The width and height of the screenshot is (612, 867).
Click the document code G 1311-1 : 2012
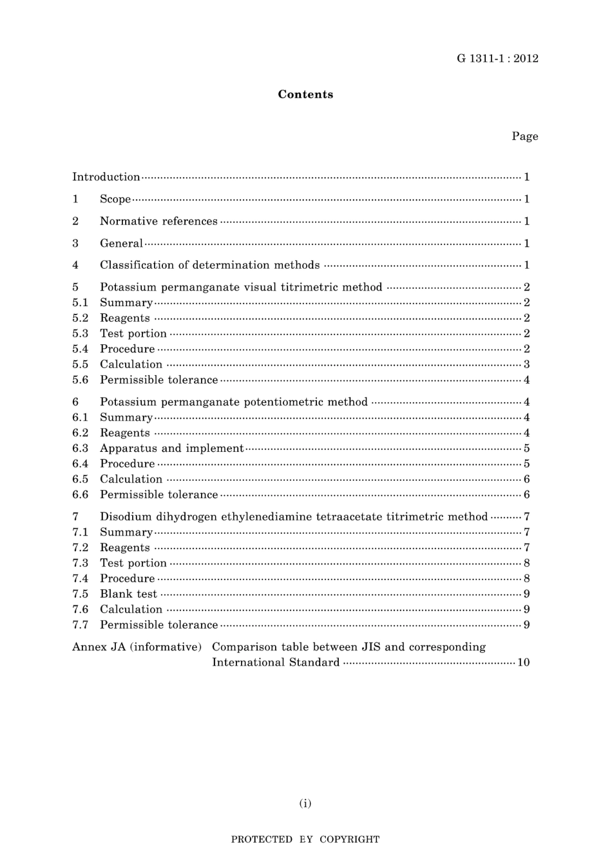click(x=497, y=59)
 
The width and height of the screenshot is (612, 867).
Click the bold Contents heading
click(x=305, y=95)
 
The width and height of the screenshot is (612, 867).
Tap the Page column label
click(x=524, y=136)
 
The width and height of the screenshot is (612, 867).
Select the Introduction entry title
click(x=106, y=177)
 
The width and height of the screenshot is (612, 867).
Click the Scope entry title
click(x=115, y=199)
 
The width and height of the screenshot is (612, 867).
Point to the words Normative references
click(x=158, y=221)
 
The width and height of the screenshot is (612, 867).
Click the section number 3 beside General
click(x=75, y=243)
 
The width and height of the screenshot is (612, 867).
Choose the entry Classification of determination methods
click(x=209, y=265)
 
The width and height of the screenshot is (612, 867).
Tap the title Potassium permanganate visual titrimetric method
click(x=241, y=287)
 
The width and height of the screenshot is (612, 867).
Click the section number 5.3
click(x=80, y=333)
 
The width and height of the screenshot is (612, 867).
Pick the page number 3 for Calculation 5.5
click(x=526, y=364)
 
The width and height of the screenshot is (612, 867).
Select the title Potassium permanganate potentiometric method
click(x=234, y=402)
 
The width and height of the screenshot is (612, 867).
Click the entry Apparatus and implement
click(x=171, y=448)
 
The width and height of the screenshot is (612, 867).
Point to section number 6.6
click(x=80, y=494)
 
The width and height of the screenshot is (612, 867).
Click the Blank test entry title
click(x=128, y=594)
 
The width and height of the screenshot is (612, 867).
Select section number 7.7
click(x=80, y=625)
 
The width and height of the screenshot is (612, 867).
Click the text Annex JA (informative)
click(x=137, y=647)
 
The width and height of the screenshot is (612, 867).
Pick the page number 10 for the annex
click(x=523, y=662)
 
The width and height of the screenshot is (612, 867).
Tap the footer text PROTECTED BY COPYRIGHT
click(x=305, y=839)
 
